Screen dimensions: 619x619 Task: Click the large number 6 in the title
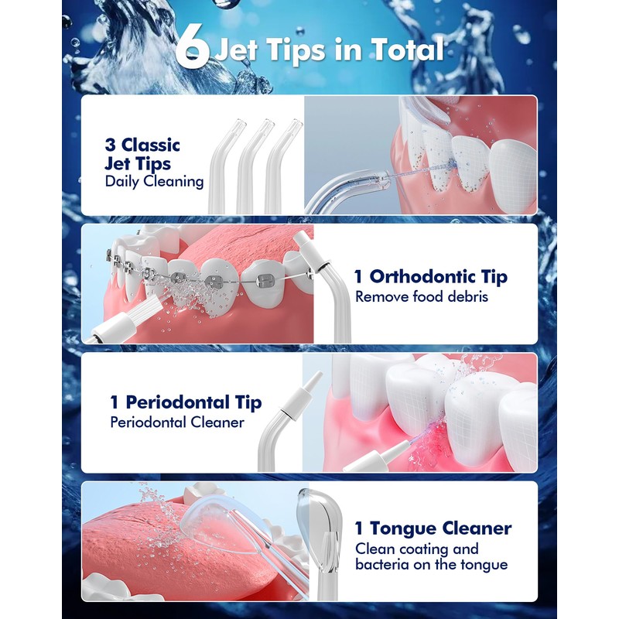(x=190, y=48)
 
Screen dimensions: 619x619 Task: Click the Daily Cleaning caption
(x=154, y=181)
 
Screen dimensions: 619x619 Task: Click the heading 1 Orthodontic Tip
(x=431, y=276)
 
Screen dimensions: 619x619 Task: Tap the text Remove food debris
(x=421, y=296)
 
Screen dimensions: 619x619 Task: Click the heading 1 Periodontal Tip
(x=186, y=402)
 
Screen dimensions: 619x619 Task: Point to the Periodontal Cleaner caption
(x=177, y=422)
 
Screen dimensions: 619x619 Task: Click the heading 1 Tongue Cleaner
(x=433, y=528)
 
